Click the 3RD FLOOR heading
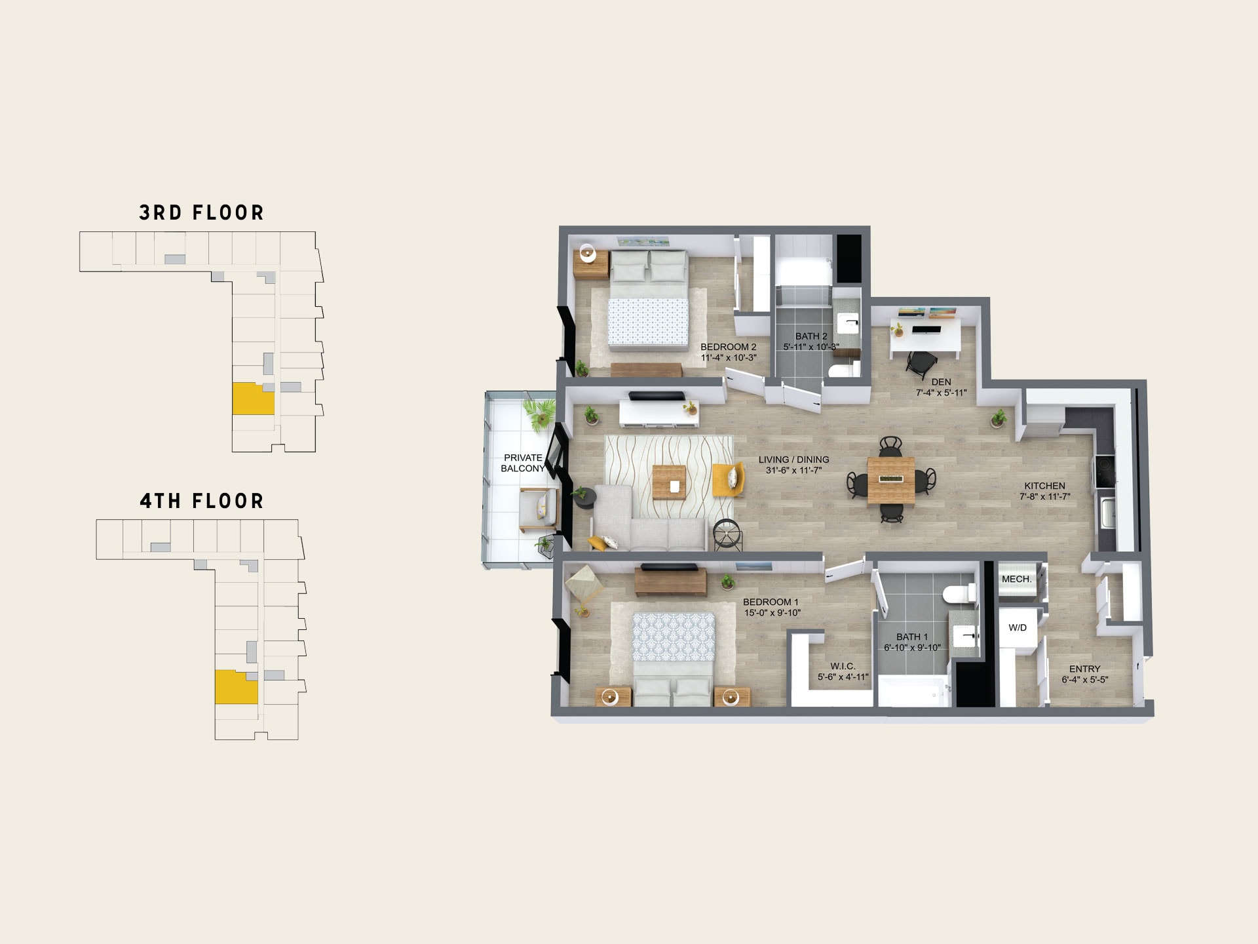point(202,212)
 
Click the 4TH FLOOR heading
point(202,501)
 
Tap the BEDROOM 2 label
point(728,347)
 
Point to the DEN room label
point(941,382)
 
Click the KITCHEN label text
point(1044,486)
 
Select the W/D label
point(1018,627)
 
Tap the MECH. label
point(1016,579)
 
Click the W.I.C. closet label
point(843,666)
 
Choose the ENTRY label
point(1084,669)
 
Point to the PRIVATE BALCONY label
point(523,463)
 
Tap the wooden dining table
point(891,480)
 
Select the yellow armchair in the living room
point(729,479)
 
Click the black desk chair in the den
point(922,362)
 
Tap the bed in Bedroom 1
point(673,659)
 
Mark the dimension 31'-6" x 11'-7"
point(793,470)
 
